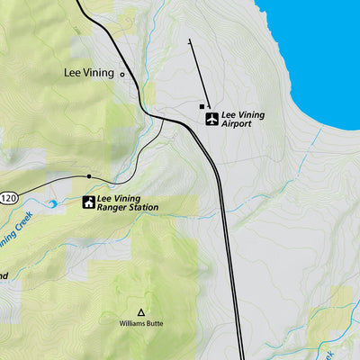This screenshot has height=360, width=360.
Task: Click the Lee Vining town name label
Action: (90, 75)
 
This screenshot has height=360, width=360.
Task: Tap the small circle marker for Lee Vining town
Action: (123, 75)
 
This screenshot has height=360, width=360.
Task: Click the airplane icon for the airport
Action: (211, 119)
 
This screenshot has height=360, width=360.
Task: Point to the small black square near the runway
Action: (202, 106)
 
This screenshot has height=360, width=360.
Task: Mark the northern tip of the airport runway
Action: (190, 41)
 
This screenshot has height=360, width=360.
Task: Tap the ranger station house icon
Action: (89, 202)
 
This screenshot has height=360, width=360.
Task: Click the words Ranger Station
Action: (128, 208)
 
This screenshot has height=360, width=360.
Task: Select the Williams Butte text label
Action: (141, 322)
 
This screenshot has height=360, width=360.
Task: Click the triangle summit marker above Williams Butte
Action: (140, 310)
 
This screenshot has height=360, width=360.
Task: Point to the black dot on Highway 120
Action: (89, 176)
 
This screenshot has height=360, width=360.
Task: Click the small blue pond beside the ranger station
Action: (52, 204)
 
